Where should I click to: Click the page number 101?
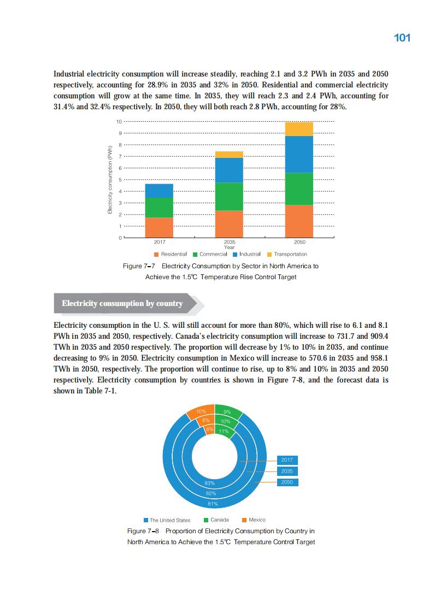(402, 38)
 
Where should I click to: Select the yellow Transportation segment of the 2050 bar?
(300, 129)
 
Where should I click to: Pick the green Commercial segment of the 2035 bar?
(229, 197)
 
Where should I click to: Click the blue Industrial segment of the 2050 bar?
(300, 155)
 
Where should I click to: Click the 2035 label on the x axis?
(230, 241)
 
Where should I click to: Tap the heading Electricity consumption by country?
(122, 304)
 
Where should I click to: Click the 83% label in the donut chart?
(209, 483)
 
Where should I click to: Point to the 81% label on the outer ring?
(213, 504)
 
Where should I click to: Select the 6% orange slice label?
(209, 429)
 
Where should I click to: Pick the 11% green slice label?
(223, 432)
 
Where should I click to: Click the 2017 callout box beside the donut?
(287, 460)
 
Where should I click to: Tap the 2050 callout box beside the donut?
(287, 482)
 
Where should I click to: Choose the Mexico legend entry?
(254, 520)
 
